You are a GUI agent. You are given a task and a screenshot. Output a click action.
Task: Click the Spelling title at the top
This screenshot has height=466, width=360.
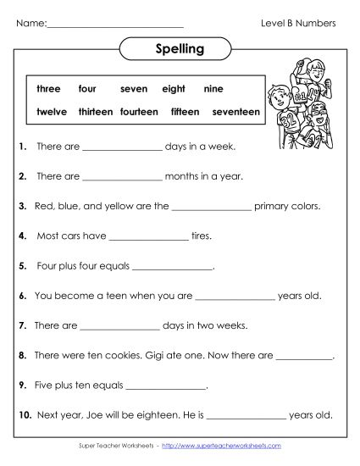180,48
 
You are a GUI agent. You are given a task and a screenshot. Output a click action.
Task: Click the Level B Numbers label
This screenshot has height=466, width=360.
298,23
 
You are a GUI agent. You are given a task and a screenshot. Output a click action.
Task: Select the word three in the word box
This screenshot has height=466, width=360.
48,88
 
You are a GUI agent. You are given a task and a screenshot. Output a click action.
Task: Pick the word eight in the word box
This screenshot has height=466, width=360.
173,88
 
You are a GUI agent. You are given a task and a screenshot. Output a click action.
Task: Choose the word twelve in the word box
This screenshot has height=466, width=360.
53,111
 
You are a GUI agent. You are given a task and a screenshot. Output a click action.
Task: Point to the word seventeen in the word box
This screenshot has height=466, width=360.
235,111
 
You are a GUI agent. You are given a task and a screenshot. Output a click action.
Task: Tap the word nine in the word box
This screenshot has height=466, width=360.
213,88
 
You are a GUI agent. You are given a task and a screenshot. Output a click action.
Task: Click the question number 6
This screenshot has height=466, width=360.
22,297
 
